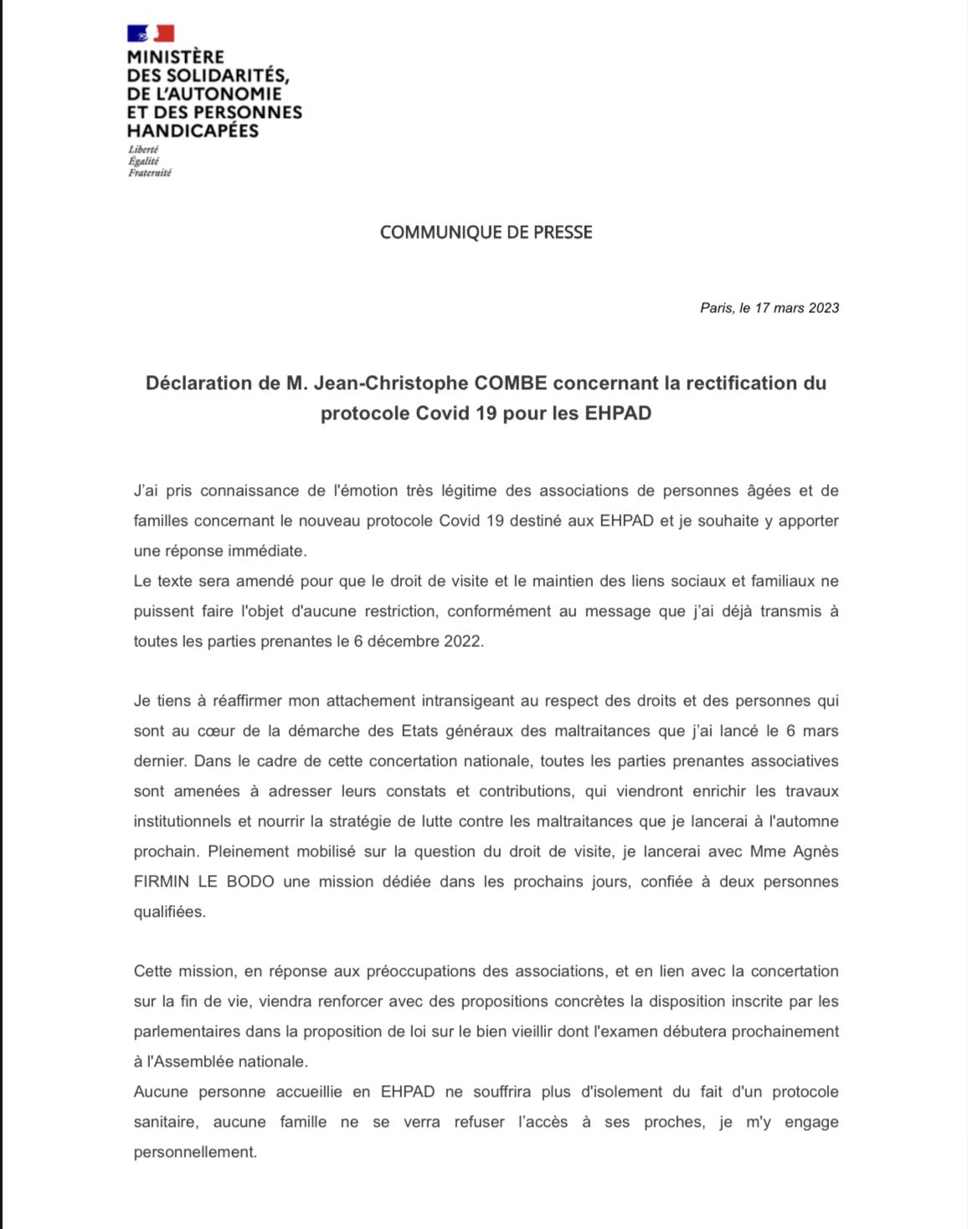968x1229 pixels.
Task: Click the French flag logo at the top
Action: coord(151,33)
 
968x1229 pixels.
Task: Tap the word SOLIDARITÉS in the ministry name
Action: coord(219,75)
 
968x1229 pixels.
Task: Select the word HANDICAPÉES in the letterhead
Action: coord(193,131)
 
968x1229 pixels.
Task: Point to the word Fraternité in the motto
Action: coord(150,173)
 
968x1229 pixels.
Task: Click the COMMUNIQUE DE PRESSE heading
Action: coord(486,233)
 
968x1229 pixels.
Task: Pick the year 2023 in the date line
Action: coord(824,308)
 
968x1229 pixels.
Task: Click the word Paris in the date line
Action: coord(716,308)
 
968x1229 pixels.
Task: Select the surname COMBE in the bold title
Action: coord(511,383)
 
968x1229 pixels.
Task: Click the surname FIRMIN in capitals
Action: coord(162,882)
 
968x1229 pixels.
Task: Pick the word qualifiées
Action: coord(169,912)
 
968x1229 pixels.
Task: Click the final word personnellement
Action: coord(194,1152)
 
